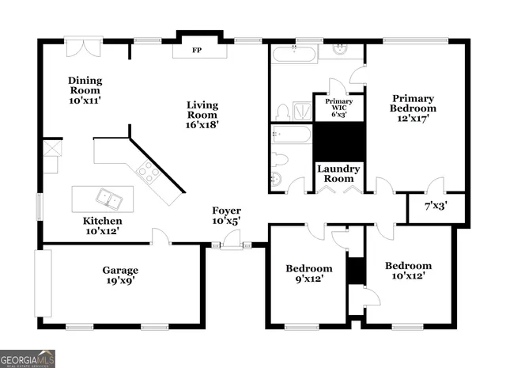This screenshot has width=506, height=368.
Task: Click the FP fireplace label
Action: (x=196, y=51)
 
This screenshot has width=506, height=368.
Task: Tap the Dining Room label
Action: (x=85, y=90)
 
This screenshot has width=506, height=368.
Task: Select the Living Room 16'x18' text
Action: (x=202, y=114)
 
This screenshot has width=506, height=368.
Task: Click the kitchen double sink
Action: (x=104, y=196)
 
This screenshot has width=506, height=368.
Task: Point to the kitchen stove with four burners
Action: (x=148, y=172)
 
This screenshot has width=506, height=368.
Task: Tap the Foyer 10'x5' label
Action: (x=226, y=215)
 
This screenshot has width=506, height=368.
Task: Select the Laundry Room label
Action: (x=338, y=174)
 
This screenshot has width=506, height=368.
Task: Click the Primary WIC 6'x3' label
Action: (x=339, y=107)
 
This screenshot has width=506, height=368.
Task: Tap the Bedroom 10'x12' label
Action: (x=408, y=271)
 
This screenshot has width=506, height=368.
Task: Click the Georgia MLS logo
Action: (x=28, y=359)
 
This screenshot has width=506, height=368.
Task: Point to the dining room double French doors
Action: (x=83, y=46)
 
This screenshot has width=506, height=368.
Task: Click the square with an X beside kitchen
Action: (x=51, y=148)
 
